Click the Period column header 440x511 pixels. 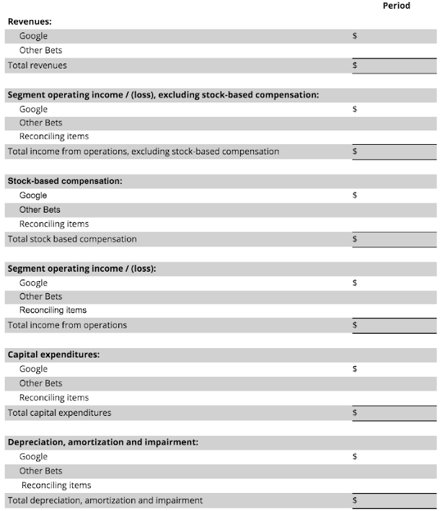tap(396, 6)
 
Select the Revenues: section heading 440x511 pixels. tap(30, 22)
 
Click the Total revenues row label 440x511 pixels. tap(37, 66)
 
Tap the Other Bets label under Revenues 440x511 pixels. tap(40, 50)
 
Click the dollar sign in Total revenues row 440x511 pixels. tap(354, 66)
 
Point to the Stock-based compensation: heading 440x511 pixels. tap(64, 181)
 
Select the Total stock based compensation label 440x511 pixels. tap(71, 239)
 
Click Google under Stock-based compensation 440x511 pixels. tap(33, 195)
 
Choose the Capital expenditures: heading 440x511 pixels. tap(53, 355)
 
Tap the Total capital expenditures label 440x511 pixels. tap(59, 413)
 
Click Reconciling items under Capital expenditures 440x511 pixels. tap(54, 398)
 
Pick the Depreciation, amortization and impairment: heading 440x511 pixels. tap(102, 442)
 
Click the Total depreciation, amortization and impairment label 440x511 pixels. tap(105, 500)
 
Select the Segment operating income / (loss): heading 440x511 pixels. tap(82, 268)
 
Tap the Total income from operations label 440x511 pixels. tap(66, 325)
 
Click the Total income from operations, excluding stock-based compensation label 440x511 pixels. tap(143, 151)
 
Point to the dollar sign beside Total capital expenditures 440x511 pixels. tap(354, 413)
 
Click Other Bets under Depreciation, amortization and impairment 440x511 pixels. tap(40, 471)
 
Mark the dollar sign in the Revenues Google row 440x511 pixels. tap(354, 36)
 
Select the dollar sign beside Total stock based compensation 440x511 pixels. tap(354, 239)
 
